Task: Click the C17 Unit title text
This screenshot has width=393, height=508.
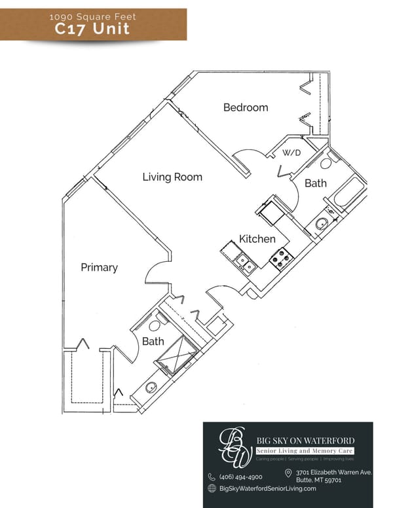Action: (x=92, y=29)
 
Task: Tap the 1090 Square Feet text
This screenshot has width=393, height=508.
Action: (x=92, y=15)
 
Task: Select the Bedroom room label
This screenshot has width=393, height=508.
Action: (x=246, y=107)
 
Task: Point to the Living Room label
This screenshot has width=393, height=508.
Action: (x=172, y=177)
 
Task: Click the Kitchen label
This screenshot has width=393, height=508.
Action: (x=257, y=239)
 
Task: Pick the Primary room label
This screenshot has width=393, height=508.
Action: (x=100, y=267)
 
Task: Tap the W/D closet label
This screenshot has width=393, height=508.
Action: (x=291, y=153)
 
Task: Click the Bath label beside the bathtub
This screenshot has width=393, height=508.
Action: (x=316, y=183)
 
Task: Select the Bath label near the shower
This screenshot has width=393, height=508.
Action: (x=153, y=341)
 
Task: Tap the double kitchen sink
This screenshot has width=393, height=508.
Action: (x=246, y=263)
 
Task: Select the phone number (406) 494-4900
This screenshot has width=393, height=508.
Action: (x=240, y=477)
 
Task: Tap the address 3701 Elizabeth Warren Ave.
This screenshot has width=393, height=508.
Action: (x=333, y=472)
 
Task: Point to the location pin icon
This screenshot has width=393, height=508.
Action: (x=288, y=473)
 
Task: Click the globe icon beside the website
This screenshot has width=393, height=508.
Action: (x=212, y=488)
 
